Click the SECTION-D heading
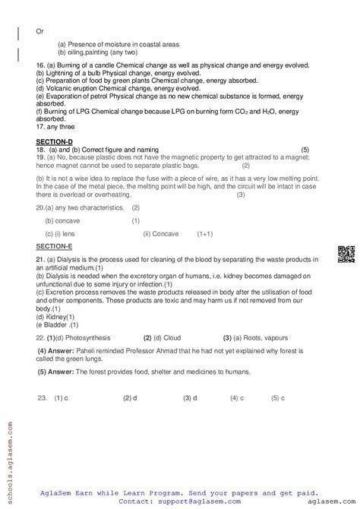coord(52,142)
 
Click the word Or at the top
coord(40,31)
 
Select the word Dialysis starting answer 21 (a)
coord(64,261)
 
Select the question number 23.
coord(43,397)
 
